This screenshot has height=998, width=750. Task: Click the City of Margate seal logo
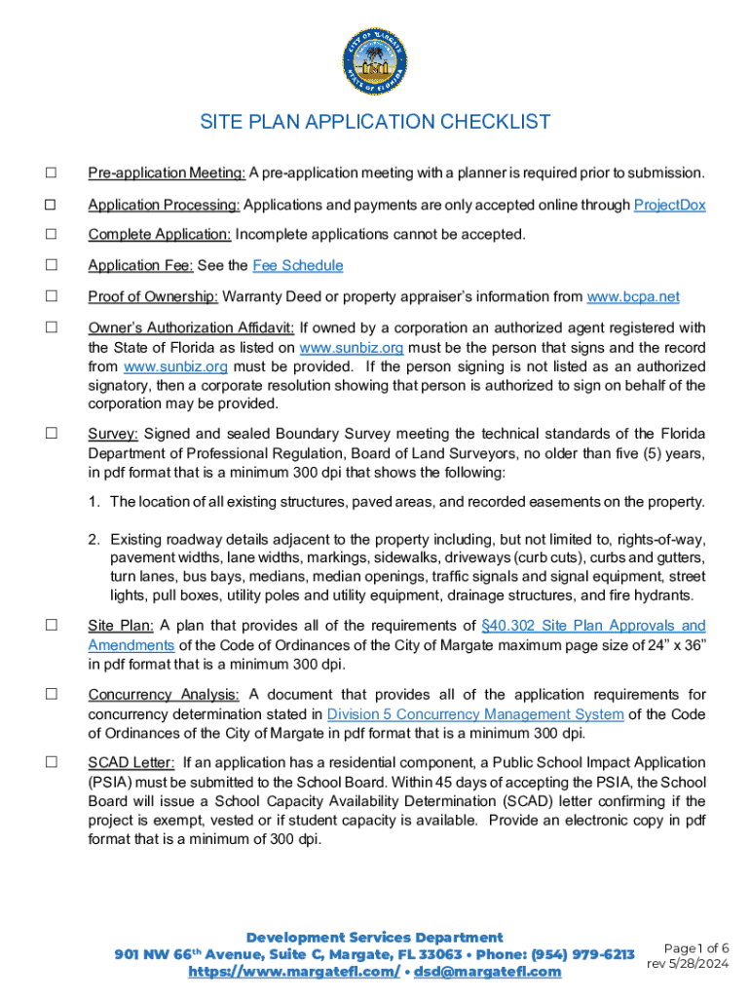click(x=375, y=58)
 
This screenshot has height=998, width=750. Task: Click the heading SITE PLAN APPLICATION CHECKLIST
click(x=375, y=123)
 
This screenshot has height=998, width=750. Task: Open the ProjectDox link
click(x=669, y=206)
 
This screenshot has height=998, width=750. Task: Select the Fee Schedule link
click(x=297, y=266)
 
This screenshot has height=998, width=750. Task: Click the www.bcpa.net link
click(x=632, y=297)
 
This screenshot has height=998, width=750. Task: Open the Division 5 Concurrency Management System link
click(x=475, y=714)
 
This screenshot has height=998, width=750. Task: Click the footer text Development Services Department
click(x=375, y=937)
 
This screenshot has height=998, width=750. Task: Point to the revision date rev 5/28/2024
click(x=688, y=963)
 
